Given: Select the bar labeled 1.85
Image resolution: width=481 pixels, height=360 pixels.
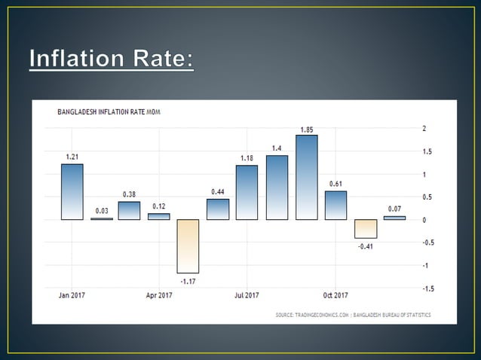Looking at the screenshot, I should coord(307,178).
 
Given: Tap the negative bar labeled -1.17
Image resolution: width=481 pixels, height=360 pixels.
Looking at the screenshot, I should coord(188,246).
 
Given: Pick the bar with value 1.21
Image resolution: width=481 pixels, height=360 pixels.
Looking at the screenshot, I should coord(72,192).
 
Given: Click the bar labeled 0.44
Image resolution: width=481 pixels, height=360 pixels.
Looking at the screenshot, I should coord(218,209).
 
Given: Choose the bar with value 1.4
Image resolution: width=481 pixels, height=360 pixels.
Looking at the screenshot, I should coord(277,188).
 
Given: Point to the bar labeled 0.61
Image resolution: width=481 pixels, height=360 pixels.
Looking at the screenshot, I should coord(336,205).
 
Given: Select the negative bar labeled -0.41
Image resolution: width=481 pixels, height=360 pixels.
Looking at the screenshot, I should coord(366,229).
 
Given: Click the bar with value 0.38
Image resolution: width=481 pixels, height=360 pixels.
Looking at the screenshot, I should coord(129,211).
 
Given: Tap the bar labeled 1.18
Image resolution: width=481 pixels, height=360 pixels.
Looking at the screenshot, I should coord(247,193).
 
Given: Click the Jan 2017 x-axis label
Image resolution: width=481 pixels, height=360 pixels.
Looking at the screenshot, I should coord(72,294).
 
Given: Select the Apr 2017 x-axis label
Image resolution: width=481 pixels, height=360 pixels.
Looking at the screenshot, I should coord(158,294).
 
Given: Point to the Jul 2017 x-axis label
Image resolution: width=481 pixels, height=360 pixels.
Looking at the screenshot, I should coord(247,294).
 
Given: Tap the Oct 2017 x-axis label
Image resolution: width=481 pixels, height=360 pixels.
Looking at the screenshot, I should coord(336,294).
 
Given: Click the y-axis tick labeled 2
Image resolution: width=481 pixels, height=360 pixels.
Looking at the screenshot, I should coord(424,129).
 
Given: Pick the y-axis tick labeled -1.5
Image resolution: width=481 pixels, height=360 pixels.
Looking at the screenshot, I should coord(427,288).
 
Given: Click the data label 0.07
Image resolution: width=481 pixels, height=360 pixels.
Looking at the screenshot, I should coord(394,209).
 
